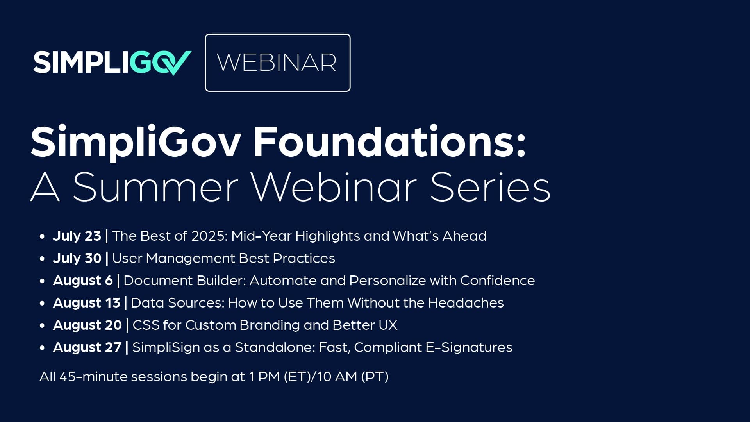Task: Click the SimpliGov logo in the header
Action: click(112, 63)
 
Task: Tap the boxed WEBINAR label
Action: click(278, 63)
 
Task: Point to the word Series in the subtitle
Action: click(491, 187)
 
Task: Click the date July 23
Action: click(77, 236)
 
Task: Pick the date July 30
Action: click(77, 258)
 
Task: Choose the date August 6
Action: click(83, 281)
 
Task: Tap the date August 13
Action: click(87, 303)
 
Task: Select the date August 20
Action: click(87, 325)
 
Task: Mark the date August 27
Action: click(87, 347)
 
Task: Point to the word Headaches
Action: click(466, 303)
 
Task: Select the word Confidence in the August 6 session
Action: click(498, 281)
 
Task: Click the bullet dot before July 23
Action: click(42, 237)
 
